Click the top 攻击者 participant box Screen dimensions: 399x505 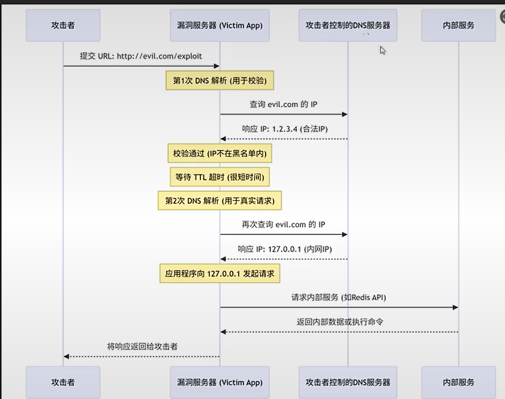pyautogui.click(x=63, y=25)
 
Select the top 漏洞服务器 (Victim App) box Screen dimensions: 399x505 pyautogui.click(x=220, y=25)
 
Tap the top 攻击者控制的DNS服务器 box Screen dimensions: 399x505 pyautogui.click(x=348, y=25)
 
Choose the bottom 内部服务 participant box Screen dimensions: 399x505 pyautogui.click(x=458, y=382)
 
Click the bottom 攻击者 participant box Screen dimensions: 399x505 pyautogui.click(x=63, y=382)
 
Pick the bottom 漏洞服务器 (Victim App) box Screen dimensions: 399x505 pyautogui.click(x=220, y=382)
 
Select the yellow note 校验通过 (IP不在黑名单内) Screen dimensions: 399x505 pyautogui.click(x=220, y=153)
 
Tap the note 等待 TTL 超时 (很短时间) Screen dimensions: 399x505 pyautogui.click(x=220, y=177)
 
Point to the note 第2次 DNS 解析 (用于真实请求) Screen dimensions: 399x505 pyautogui.click(x=220, y=201)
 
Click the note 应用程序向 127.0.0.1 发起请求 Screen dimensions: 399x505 pyautogui.click(x=220, y=273)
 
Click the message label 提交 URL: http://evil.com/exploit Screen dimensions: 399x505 pyautogui.click(x=141, y=56)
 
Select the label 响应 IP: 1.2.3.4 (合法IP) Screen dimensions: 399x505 pyautogui.click(x=284, y=129)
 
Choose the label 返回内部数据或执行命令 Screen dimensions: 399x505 pyautogui.click(x=339, y=322)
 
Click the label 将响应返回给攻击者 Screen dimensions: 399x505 pyautogui.click(x=142, y=346)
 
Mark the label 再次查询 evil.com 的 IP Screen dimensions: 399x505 pyautogui.click(x=284, y=225)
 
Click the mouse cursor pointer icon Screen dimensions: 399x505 pyautogui.click(x=383, y=50)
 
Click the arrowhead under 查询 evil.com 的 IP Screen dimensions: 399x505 pyautogui.click(x=345, y=114)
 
